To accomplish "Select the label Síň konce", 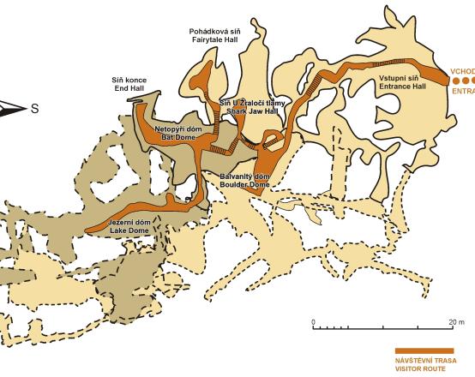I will coord(129,79).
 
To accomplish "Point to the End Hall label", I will coord(129,87).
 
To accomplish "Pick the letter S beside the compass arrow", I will coord(34,108).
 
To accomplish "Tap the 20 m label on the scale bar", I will coord(454,321).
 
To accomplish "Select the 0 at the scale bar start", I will coord(314,321).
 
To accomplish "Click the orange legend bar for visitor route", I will coord(423,350).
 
